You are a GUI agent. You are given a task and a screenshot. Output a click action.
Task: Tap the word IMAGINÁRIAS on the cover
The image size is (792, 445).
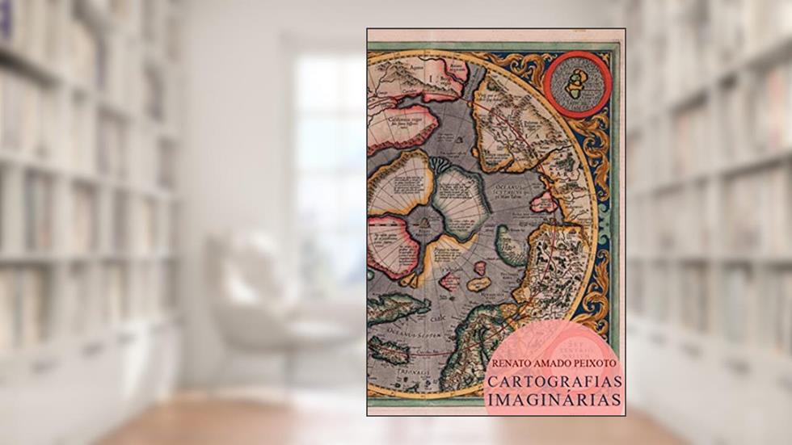pos(554,399)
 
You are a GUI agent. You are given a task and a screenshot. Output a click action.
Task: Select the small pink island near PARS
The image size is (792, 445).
pos(542,202)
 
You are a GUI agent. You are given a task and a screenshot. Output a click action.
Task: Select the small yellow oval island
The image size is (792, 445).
pos(479,283)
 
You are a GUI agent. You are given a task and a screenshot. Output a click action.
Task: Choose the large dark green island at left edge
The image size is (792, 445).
pos(396,306)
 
